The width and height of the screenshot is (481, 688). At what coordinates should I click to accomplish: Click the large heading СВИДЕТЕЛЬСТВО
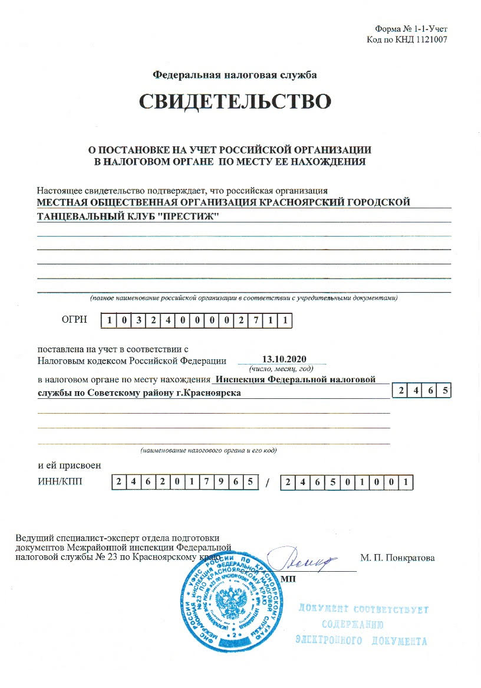[235, 101]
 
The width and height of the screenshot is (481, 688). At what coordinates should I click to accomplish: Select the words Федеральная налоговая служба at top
[235, 75]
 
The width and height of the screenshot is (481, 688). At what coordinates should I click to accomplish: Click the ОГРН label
[74, 320]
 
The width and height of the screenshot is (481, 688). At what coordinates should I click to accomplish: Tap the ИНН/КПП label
[60, 481]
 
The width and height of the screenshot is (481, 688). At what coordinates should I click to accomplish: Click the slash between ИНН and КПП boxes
[268, 483]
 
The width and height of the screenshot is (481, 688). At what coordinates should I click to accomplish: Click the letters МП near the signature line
[288, 578]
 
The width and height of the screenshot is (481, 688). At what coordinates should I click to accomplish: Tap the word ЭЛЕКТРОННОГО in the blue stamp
[328, 641]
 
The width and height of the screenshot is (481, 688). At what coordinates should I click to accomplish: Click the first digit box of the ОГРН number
[109, 321]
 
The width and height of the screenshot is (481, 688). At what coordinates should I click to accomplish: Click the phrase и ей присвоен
[69, 465]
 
